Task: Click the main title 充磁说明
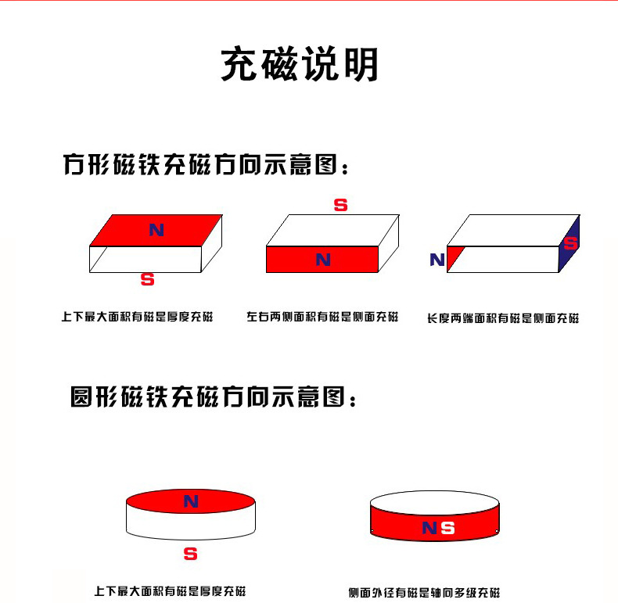point(300,64)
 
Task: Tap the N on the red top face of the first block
point(156,230)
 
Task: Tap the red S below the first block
point(147,279)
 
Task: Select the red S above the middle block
point(340,205)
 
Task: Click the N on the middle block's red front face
point(323,260)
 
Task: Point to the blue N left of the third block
point(437,260)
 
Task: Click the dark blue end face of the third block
point(569,243)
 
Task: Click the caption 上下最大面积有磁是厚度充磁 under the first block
point(137,317)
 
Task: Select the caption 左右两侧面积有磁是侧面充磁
point(322,317)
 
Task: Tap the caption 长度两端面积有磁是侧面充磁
point(503,318)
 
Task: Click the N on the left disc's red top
point(191,501)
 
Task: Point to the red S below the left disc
point(190,554)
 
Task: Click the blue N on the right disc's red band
point(429,528)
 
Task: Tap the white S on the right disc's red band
point(447,528)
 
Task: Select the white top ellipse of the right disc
point(435,502)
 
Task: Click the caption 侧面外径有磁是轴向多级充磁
point(424,592)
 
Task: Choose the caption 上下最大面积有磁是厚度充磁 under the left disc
point(170,591)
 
